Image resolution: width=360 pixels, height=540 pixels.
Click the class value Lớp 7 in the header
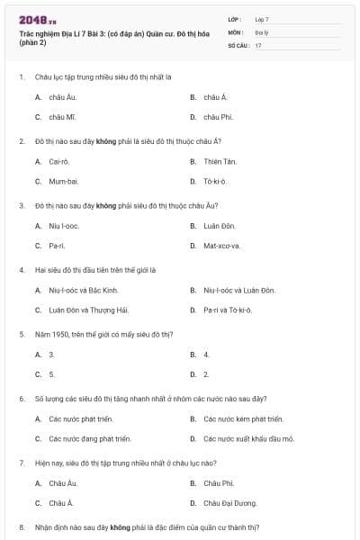point(262,18)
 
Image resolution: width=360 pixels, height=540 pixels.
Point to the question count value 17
point(258,45)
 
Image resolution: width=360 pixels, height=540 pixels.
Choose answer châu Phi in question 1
point(218,117)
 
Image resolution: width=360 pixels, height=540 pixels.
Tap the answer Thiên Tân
point(220,161)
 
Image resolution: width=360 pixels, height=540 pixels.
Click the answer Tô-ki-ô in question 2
point(215,181)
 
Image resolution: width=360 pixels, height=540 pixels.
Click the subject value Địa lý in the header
point(261,31)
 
